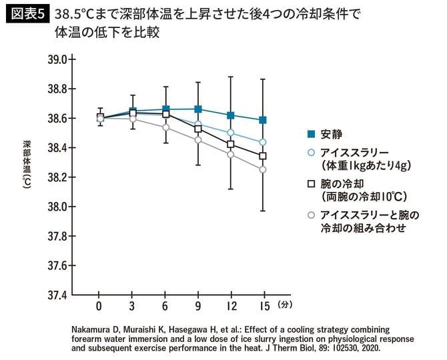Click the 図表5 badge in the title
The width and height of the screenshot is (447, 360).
point(27,13)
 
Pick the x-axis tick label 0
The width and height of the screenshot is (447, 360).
point(99,306)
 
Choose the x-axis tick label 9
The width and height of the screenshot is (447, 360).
point(197,306)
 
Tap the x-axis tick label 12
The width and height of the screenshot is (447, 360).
point(230,306)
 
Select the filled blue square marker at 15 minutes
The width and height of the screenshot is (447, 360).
point(263,120)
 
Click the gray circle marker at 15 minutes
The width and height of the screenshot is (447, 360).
point(263,169)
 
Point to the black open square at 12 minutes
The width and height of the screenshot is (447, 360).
point(230,144)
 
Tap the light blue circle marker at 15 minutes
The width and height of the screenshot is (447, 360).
point(263,142)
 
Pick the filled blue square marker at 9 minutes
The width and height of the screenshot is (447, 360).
point(197,109)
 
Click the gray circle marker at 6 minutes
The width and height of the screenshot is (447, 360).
point(165,127)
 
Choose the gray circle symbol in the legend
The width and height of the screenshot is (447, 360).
point(310,215)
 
